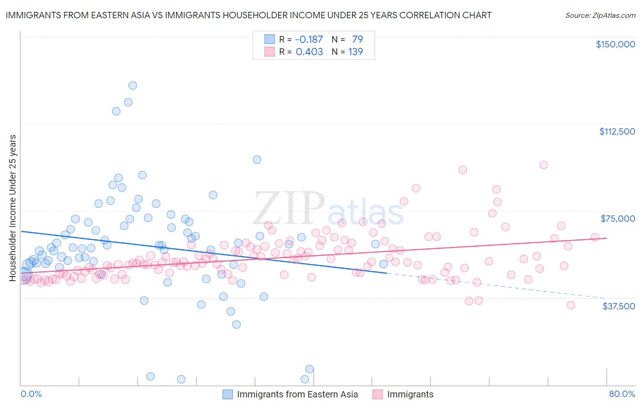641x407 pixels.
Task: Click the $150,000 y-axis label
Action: [x=615, y=44]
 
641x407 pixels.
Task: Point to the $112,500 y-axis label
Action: [x=617, y=131]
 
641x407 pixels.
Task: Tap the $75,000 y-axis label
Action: [x=618, y=219]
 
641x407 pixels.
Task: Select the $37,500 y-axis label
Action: [x=619, y=306]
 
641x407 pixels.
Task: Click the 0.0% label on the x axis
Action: [x=31, y=394]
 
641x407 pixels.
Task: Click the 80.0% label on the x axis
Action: [x=622, y=394]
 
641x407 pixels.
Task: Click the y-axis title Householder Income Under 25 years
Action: [x=13, y=208]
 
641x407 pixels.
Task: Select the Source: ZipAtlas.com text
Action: [x=600, y=15]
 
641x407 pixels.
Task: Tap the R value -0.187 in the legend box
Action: [x=309, y=39]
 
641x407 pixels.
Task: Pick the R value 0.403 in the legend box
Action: [x=309, y=52]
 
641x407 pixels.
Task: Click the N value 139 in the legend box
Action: [x=356, y=52]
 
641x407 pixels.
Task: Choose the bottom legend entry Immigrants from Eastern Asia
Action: [x=297, y=394]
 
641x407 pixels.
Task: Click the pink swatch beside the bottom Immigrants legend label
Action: [x=377, y=394]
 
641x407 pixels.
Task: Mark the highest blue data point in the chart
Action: [x=133, y=85]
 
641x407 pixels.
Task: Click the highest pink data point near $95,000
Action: [x=543, y=165]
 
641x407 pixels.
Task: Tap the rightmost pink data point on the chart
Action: [x=594, y=237]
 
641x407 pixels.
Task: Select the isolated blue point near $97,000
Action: [x=257, y=160]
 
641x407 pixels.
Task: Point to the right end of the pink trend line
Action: [x=606, y=238]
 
